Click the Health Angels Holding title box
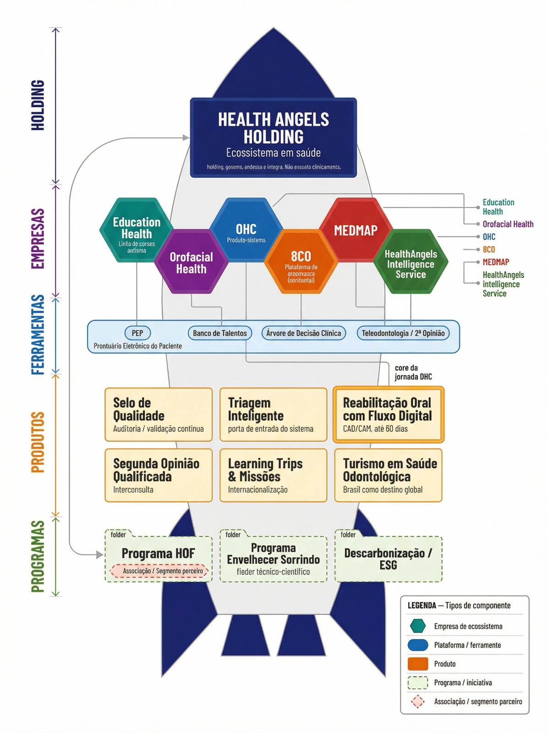tap(273, 137)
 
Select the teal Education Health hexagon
tap(137, 230)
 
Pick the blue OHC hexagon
tap(246, 230)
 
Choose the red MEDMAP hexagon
tap(356, 230)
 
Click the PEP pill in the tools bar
tap(137, 333)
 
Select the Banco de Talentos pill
tap(220, 333)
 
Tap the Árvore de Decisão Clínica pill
tap(304, 333)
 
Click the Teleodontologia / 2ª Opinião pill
tap(403, 333)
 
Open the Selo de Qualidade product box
tap(159, 415)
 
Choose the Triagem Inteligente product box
tap(273, 415)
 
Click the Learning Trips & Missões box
tap(273, 476)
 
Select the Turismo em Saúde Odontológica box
tap(388, 476)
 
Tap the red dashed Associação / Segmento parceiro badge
tap(159, 571)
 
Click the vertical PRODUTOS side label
tap(38, 442)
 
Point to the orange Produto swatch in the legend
tap(417, 664)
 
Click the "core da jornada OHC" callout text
tap(413, 372)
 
